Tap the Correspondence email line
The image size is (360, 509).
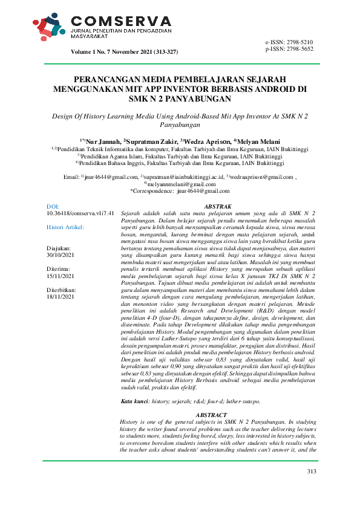tap(180, 191)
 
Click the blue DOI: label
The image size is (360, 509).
tap(53, 207)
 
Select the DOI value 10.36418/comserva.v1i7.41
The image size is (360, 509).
tap(80, 214)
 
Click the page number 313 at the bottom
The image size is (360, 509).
tap(312, 488)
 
